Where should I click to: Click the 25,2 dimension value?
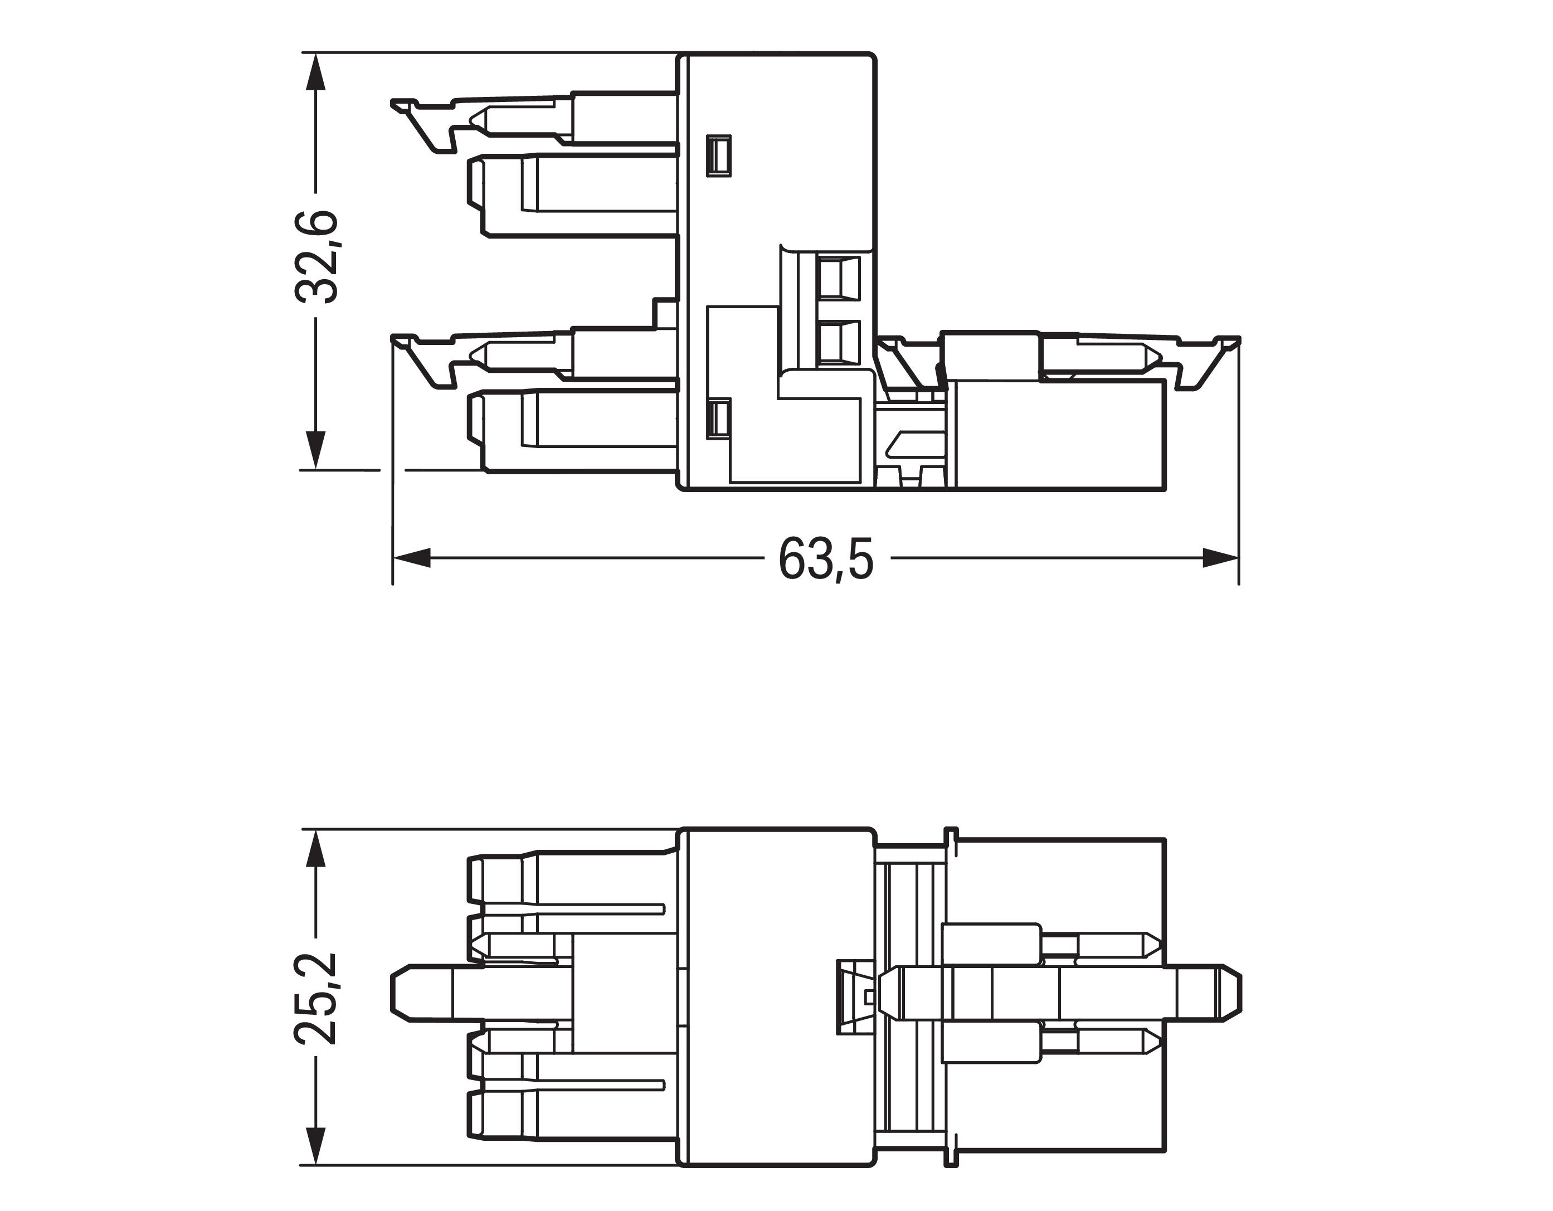click(317, 997)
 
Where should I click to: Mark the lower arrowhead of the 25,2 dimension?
click(316, 1146)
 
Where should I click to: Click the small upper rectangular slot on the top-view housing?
click(718, 155)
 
